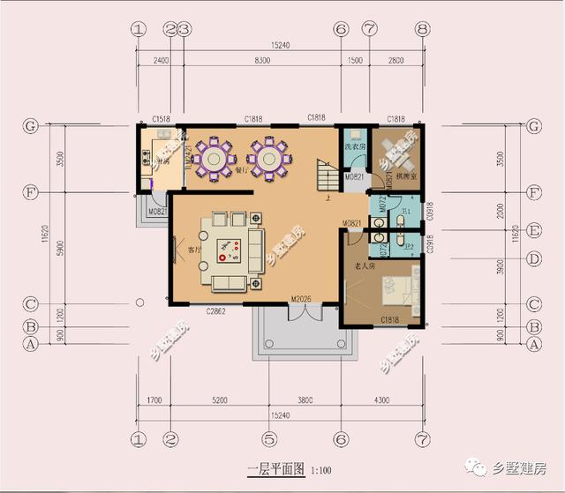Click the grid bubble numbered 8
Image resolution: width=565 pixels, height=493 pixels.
pyautogui.click(x=423, y=28)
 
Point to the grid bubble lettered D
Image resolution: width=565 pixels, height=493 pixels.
pyautogui.click(x=533, y=259)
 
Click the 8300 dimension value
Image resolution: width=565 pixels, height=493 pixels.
pyautogui.click(x=262, y=60)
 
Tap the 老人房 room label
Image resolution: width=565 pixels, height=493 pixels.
pyautogui.click(x=366, y=265)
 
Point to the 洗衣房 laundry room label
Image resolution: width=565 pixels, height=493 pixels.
pyautogui.click(x=354, y=147)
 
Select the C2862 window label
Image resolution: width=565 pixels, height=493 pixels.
pyautogui.click(x=218, y=311)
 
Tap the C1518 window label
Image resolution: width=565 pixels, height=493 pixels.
pyautogui.click(x=160, y=118)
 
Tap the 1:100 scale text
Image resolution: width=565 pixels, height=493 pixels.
pyautogui.click(x=320, y=470)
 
